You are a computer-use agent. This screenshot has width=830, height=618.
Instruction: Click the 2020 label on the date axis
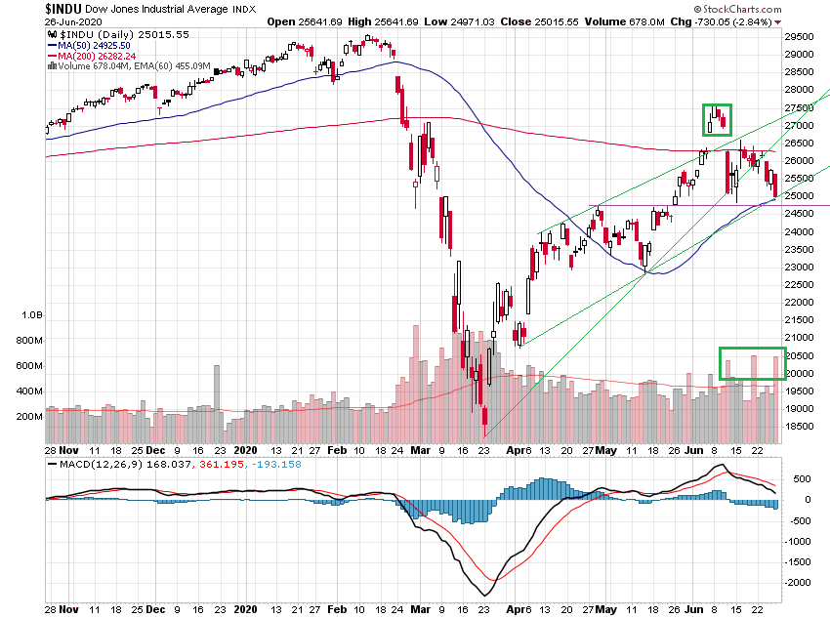[243, 451]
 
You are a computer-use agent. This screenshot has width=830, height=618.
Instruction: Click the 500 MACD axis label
[801, 478]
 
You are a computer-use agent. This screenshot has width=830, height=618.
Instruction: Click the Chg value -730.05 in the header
[711, 21]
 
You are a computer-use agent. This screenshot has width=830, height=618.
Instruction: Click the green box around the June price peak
[717, 118]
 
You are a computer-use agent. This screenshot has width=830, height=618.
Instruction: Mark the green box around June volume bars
[752, 363]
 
